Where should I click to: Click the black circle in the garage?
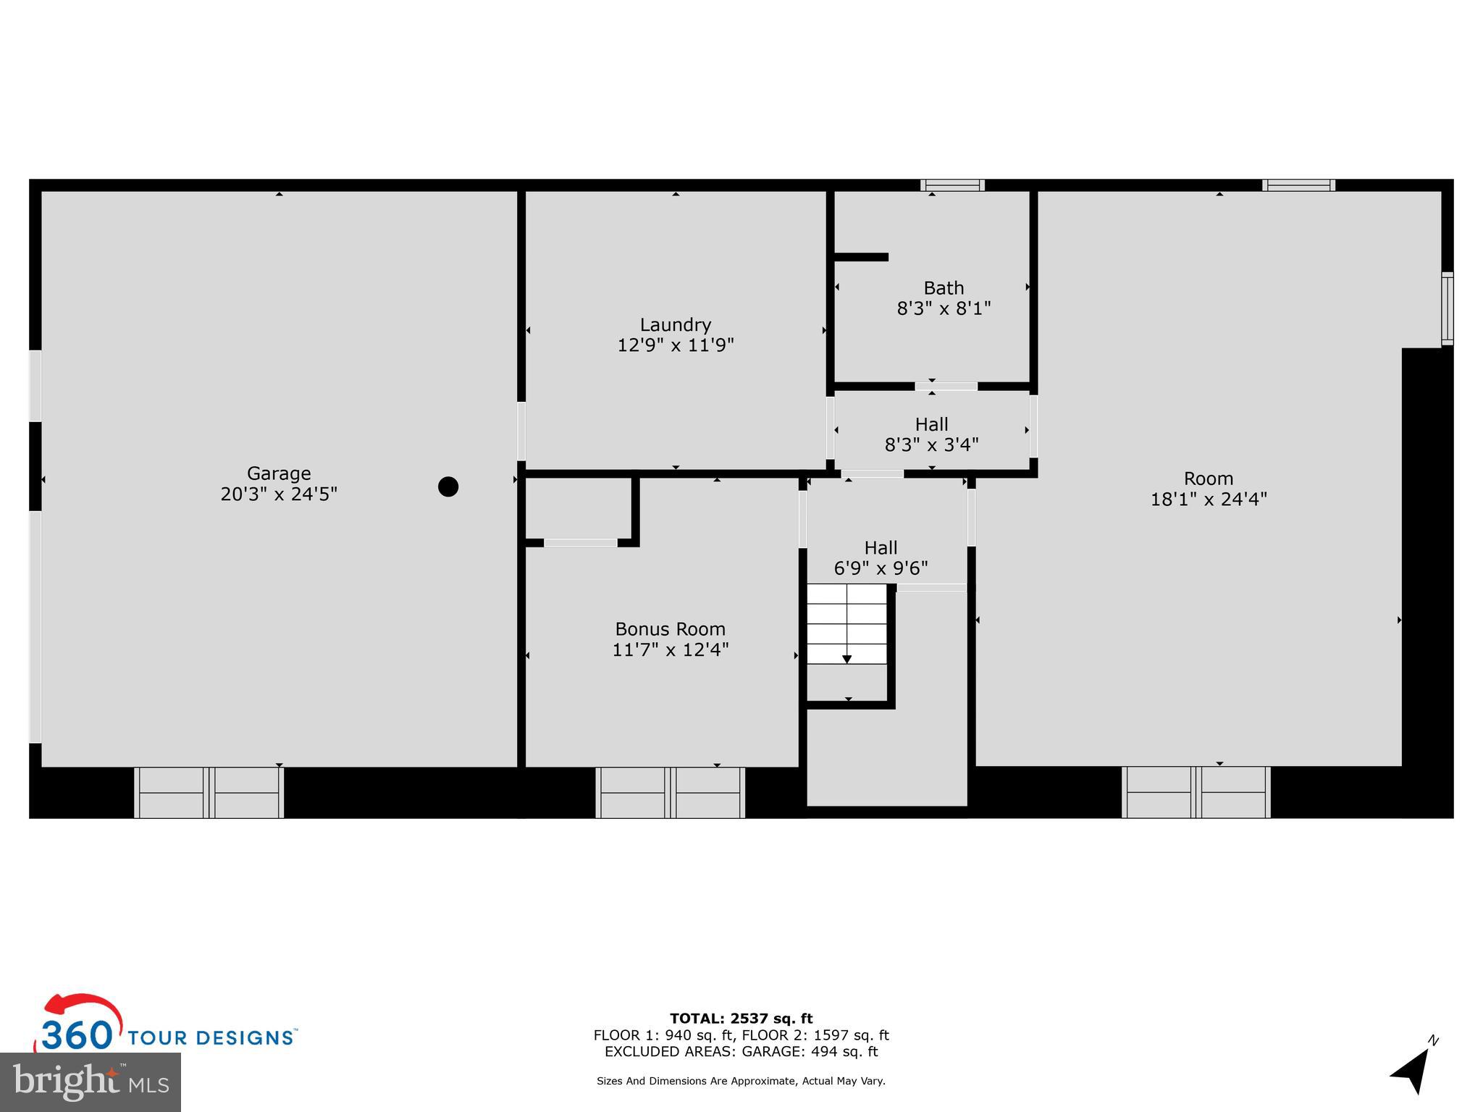tap(448, 486)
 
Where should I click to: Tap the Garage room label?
tap(279, 473)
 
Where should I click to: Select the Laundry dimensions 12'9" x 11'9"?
tap(675, 345)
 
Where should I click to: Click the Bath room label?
tap(944, 288)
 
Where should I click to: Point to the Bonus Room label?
tap(670, 629)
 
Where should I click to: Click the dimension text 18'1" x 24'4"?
tap(1209, 499)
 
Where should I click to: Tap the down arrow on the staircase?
tap(846, 658)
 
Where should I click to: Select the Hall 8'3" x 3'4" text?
tap(931, 434)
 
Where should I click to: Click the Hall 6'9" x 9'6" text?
tap(881, 558)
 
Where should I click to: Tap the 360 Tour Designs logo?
tap(167, 1028)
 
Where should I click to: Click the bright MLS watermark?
tap(91, 1082)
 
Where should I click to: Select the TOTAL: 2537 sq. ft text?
tap(741, 1019)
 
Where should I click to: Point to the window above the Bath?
tap(952, 185)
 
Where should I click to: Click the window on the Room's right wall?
tap(1447, 308)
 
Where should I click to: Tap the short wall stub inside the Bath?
tap(861, 257)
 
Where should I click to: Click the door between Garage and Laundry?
tap(521, 431)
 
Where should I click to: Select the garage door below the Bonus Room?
tap(670, 793)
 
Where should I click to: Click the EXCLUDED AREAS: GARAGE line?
tap(741, 1051)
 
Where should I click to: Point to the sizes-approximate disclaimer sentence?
tap(741, 1081)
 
